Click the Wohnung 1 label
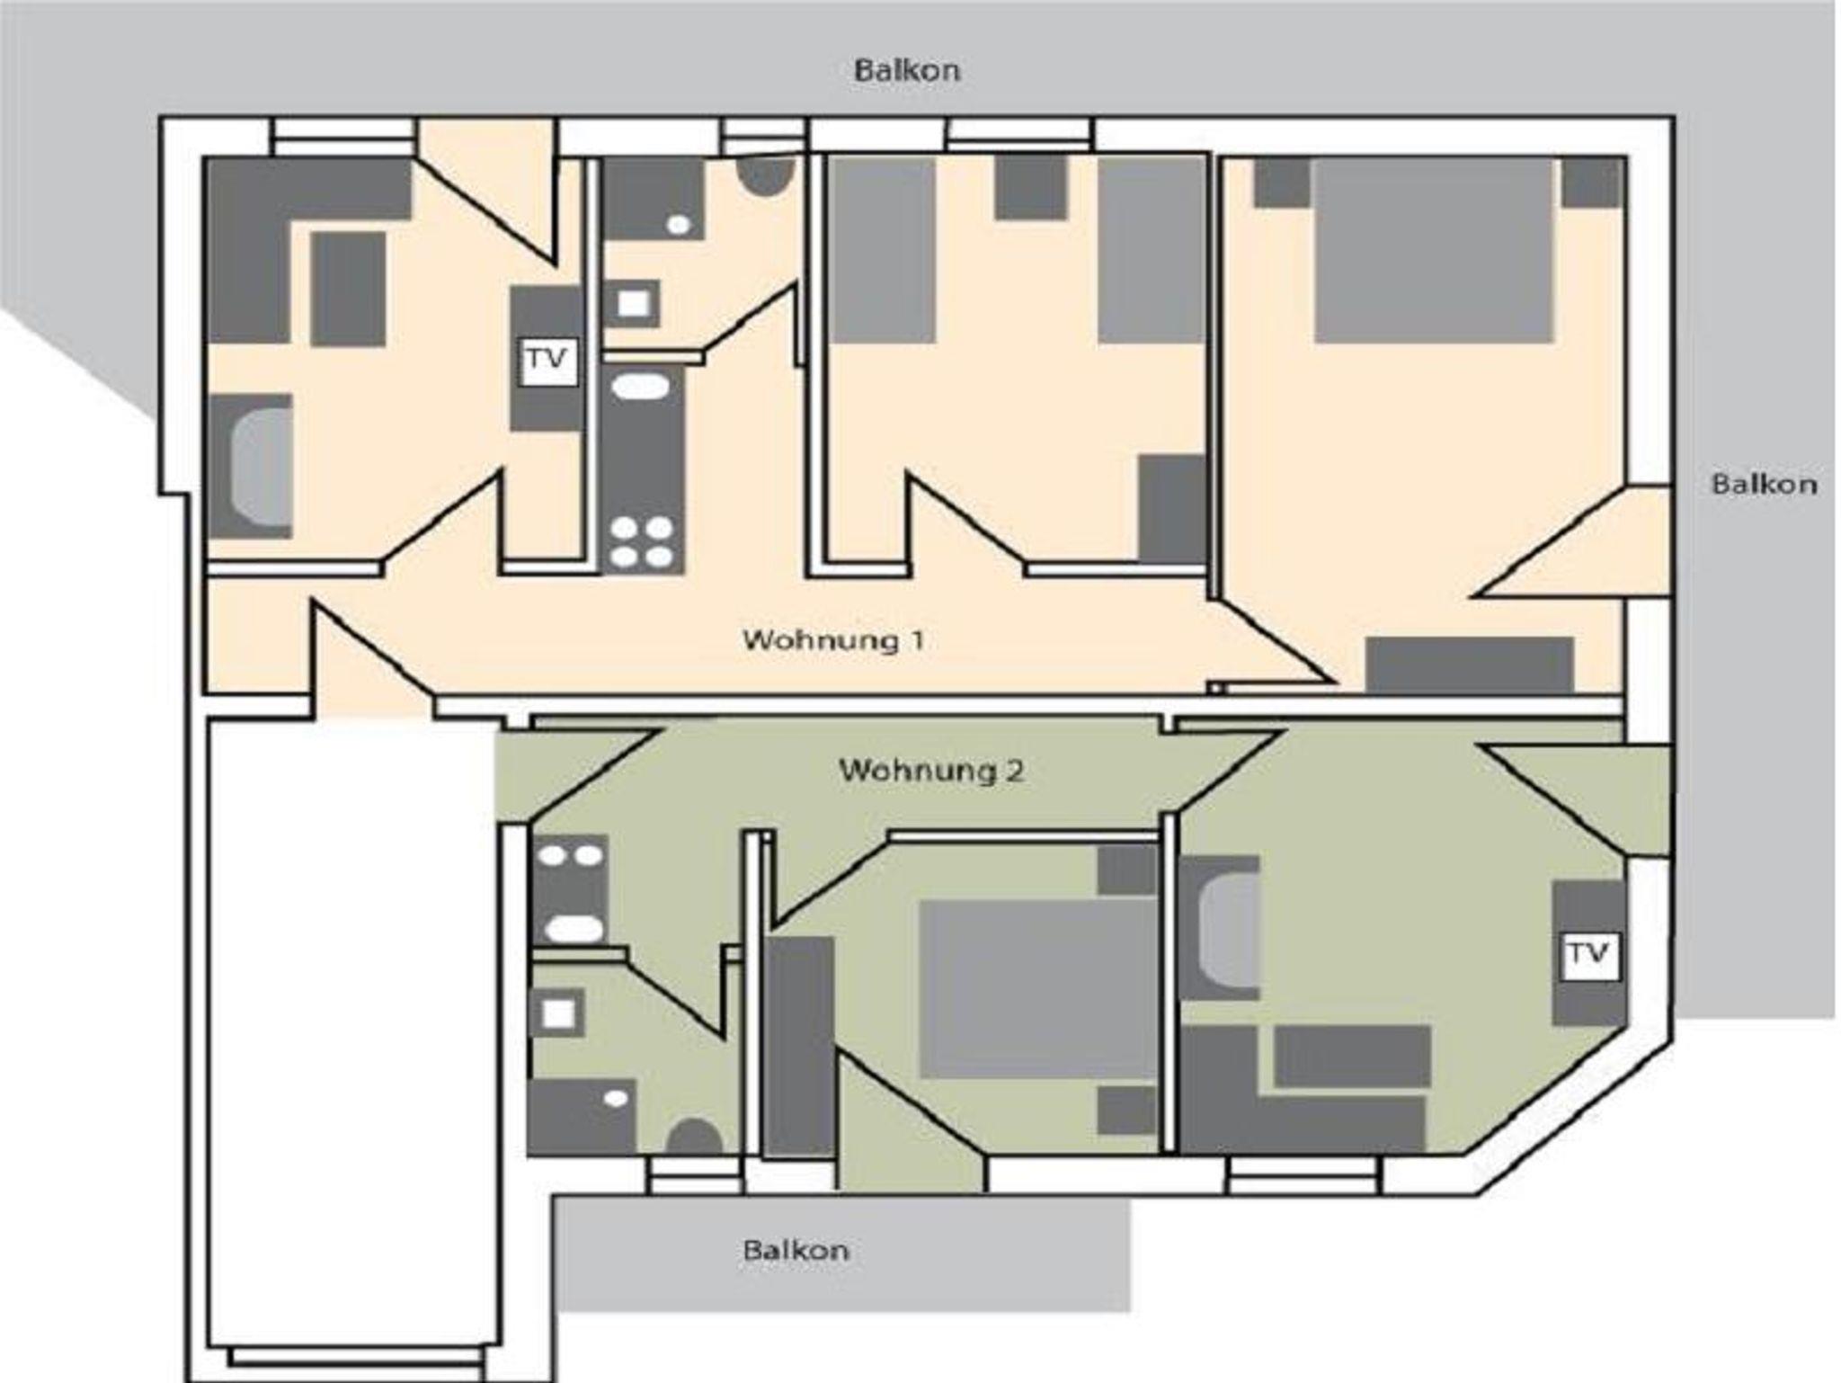pyautogui.click(x=832, y=640)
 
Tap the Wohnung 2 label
pyautogui.click(x=931, y=771)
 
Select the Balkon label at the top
pyautogui.click(x=907, y=70)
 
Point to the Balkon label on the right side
pyautogui.click(x=1764, y=484)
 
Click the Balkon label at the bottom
pyautogui.click(x=796, y=1250)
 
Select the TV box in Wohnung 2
pyautogui.click(x=1590, y=956)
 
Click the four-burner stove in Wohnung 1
pyautogui.click(x=642, y=543)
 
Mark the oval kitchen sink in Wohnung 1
pyautogui.click(x=641, y=387)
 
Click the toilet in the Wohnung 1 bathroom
pyautogui.click(x=764, y=177)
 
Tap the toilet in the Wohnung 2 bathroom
pyautogui.click(x=694, y=1137)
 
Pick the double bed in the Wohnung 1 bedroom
pyautogui.click(x=1435, y=251)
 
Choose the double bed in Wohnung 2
pyautogui.click(x=1037, y=989)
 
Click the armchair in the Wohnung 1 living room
pyautogui.click(x=252, y=466)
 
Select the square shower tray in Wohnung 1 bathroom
pyautogui.click(x=633, y=304)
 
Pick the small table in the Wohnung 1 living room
pyautogui.click(x=349, y=289)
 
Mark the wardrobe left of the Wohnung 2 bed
pyautogui.click(x=800, y=1045)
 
